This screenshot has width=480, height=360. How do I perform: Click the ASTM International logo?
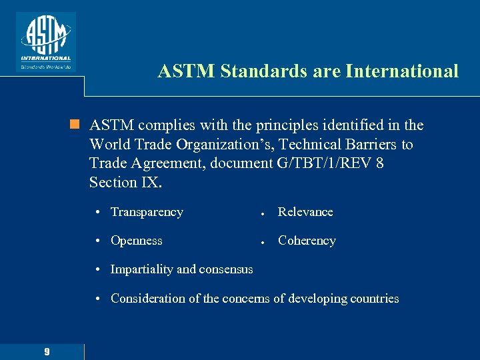[46, 41]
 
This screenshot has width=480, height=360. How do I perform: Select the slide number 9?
[47, 351]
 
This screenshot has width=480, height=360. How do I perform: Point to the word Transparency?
[147, 212]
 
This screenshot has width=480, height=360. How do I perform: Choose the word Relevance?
[305, 212]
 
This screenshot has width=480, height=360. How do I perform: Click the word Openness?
[137, 241]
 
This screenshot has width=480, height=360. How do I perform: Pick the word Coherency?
[307, 241]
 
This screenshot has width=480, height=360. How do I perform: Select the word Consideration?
[147, 299]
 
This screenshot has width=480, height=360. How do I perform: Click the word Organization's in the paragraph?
[218, 144]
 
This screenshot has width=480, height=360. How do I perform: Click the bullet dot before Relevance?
[264, 213]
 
